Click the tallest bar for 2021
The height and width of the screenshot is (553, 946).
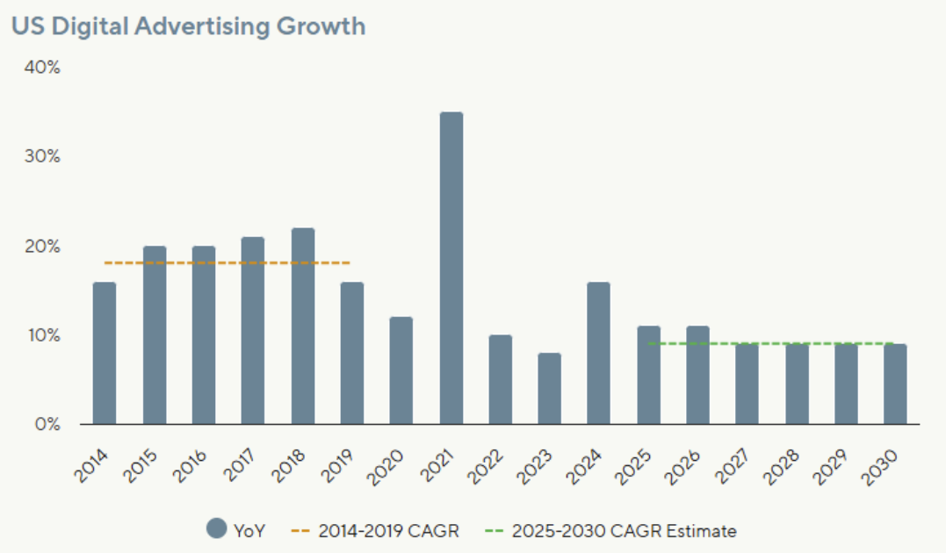point(451,268)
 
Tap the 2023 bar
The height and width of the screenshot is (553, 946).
point(550,389)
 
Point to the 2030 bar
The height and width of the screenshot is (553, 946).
point(895,384)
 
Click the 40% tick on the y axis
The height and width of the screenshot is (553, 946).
point(43,68)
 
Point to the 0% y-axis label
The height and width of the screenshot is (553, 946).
point(47,425)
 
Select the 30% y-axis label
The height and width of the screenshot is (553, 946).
point(43,157)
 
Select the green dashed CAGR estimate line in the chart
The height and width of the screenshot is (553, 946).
point(773,343)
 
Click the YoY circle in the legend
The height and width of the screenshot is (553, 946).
point(217,530)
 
